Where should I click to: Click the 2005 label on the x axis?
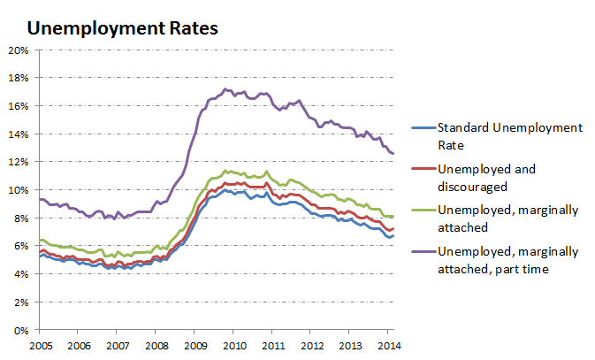click(x=39, y=346)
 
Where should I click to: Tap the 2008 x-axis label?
click(x=156, y=346)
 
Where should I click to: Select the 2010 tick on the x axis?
click(x=234, y=346)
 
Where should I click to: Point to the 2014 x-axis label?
click(x=390, y=346)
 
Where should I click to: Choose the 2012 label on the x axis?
click(x=312, y=346)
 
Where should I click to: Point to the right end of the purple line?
click(x=393, y=154)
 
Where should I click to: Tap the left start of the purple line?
click(x=40, y=199)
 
